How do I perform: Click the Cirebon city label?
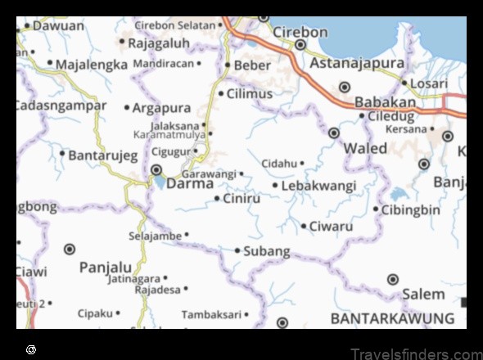tap(301, 32)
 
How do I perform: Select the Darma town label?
tap(190, 183)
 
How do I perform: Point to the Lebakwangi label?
tap(318, 186)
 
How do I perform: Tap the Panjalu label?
tap(105, 267)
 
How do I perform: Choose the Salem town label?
tap(423, 294)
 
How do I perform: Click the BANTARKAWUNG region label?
tap(392, 317)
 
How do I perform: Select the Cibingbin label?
tap(412, 209)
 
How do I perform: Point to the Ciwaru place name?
tap(331, 226)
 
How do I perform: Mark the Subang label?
tap(267, 250)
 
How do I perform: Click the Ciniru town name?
tap(242, 198)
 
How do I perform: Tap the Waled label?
tap(365, 148)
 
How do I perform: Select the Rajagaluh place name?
tap(160, 42)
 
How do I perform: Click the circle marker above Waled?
tap(334, 133)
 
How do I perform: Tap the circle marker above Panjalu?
tap(70, 249)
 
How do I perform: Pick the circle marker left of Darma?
tap(156, 170)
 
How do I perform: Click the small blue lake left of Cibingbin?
tap(399, 195)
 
